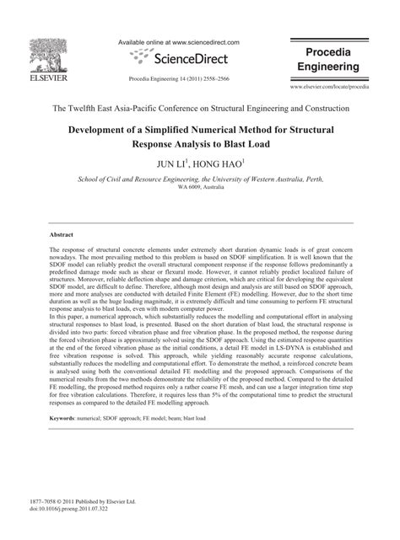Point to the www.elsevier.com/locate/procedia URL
342,87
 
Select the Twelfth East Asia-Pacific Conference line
200,110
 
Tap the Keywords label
68,463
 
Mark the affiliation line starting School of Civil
200,179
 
